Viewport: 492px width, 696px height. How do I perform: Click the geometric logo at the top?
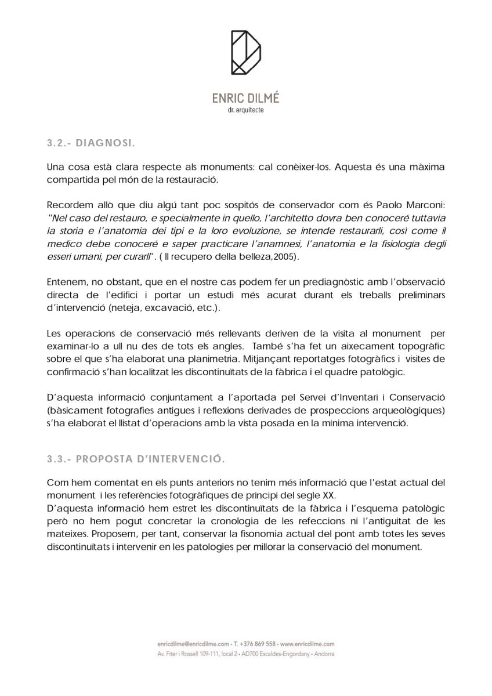click(245, 53)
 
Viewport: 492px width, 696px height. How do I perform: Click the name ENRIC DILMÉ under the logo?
click(245, 98)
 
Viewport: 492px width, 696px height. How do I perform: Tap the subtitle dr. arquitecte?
click(245, 110)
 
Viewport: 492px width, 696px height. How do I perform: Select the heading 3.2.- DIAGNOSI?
click(91, 142)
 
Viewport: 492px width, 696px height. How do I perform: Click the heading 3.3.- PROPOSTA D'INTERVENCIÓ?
click(135, 459)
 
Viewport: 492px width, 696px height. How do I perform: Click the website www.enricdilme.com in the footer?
click(307, 644)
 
